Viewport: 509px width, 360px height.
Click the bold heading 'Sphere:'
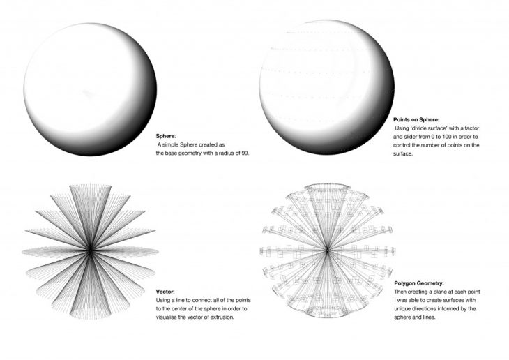(167, 137)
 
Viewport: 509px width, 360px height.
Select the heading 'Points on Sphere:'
(418, 121)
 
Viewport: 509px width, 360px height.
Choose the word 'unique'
(405, 308)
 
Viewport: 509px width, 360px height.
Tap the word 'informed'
(455, 308)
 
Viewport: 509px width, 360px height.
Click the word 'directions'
(431, 308)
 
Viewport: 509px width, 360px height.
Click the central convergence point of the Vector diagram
(91, 250)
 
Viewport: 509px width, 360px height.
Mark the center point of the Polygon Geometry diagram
(328, 249)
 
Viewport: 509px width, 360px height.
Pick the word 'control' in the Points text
(406, 146)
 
